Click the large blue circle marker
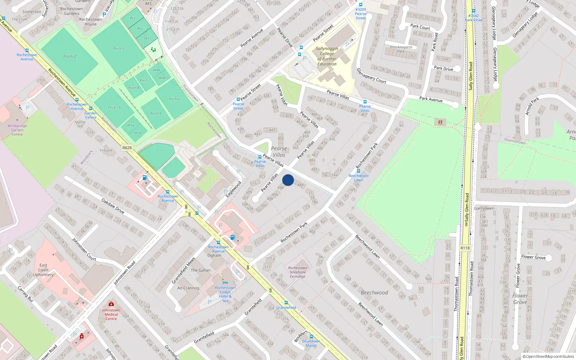(x=288, y=180)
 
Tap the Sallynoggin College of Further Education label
(x=327, y=56)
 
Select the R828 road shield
(x=127, y=148)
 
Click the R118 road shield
(x=465, y=248)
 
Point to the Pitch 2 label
(x=70, y=57)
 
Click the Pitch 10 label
(x=114, y=108)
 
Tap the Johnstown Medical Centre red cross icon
(x=111, y=304)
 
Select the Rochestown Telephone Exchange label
(x=298, y=272)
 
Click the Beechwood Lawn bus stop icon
(x=358, y=171)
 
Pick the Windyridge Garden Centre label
(x=17, y=130)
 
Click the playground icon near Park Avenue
(x=440, y=122)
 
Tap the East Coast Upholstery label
(x=44, y=270)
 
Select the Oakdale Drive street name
(x=113, y=206)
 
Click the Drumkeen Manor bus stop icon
(x=311, y=337)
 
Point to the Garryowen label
(x=484, y=208)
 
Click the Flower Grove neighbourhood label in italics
(x=520, y=299)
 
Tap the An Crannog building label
(x=188, y=288)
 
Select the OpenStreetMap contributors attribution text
(x=548, y=356)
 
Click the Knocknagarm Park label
(x=401, y=49)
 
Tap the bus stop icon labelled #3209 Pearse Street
(x=361, y=5)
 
